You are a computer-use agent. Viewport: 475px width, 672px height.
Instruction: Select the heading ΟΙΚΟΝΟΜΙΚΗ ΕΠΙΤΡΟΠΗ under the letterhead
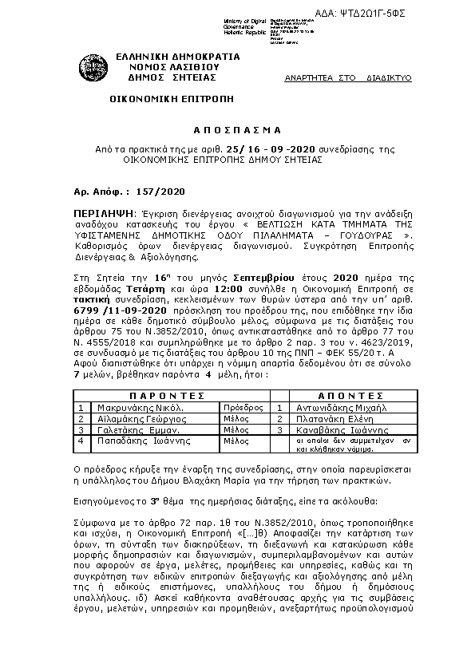click(165, 103)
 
